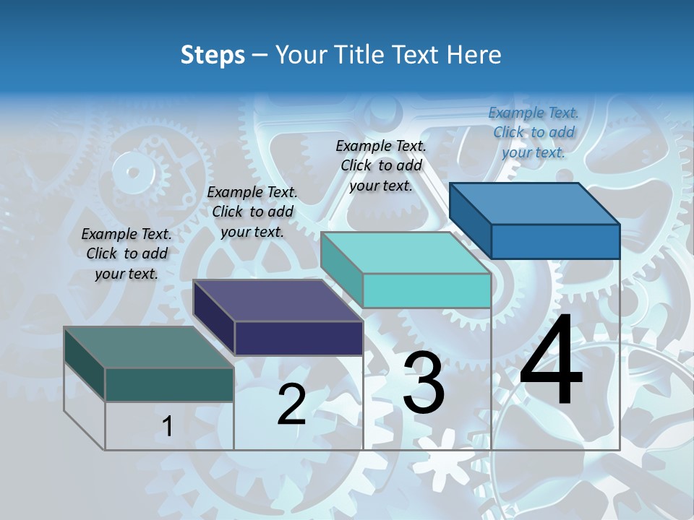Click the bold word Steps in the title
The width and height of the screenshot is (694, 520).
point(213,56)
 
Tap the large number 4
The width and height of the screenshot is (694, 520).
point(551,360)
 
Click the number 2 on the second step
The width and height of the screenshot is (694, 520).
point(291,404)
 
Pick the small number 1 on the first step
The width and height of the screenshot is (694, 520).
point(168,427)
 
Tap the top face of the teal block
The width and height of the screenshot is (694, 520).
point(405,253)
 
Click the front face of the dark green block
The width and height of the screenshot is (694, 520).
point(169,384)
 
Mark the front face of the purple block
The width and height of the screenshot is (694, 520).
point(298,338)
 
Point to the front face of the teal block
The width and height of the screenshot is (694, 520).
point(427,290)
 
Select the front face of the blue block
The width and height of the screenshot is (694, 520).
point(555,241)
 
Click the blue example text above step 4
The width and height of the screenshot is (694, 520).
point(534,132)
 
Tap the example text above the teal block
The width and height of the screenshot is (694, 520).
point(382,165)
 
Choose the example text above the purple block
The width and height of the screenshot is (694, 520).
point(252,212)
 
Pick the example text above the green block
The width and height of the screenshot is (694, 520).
point(127,253)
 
